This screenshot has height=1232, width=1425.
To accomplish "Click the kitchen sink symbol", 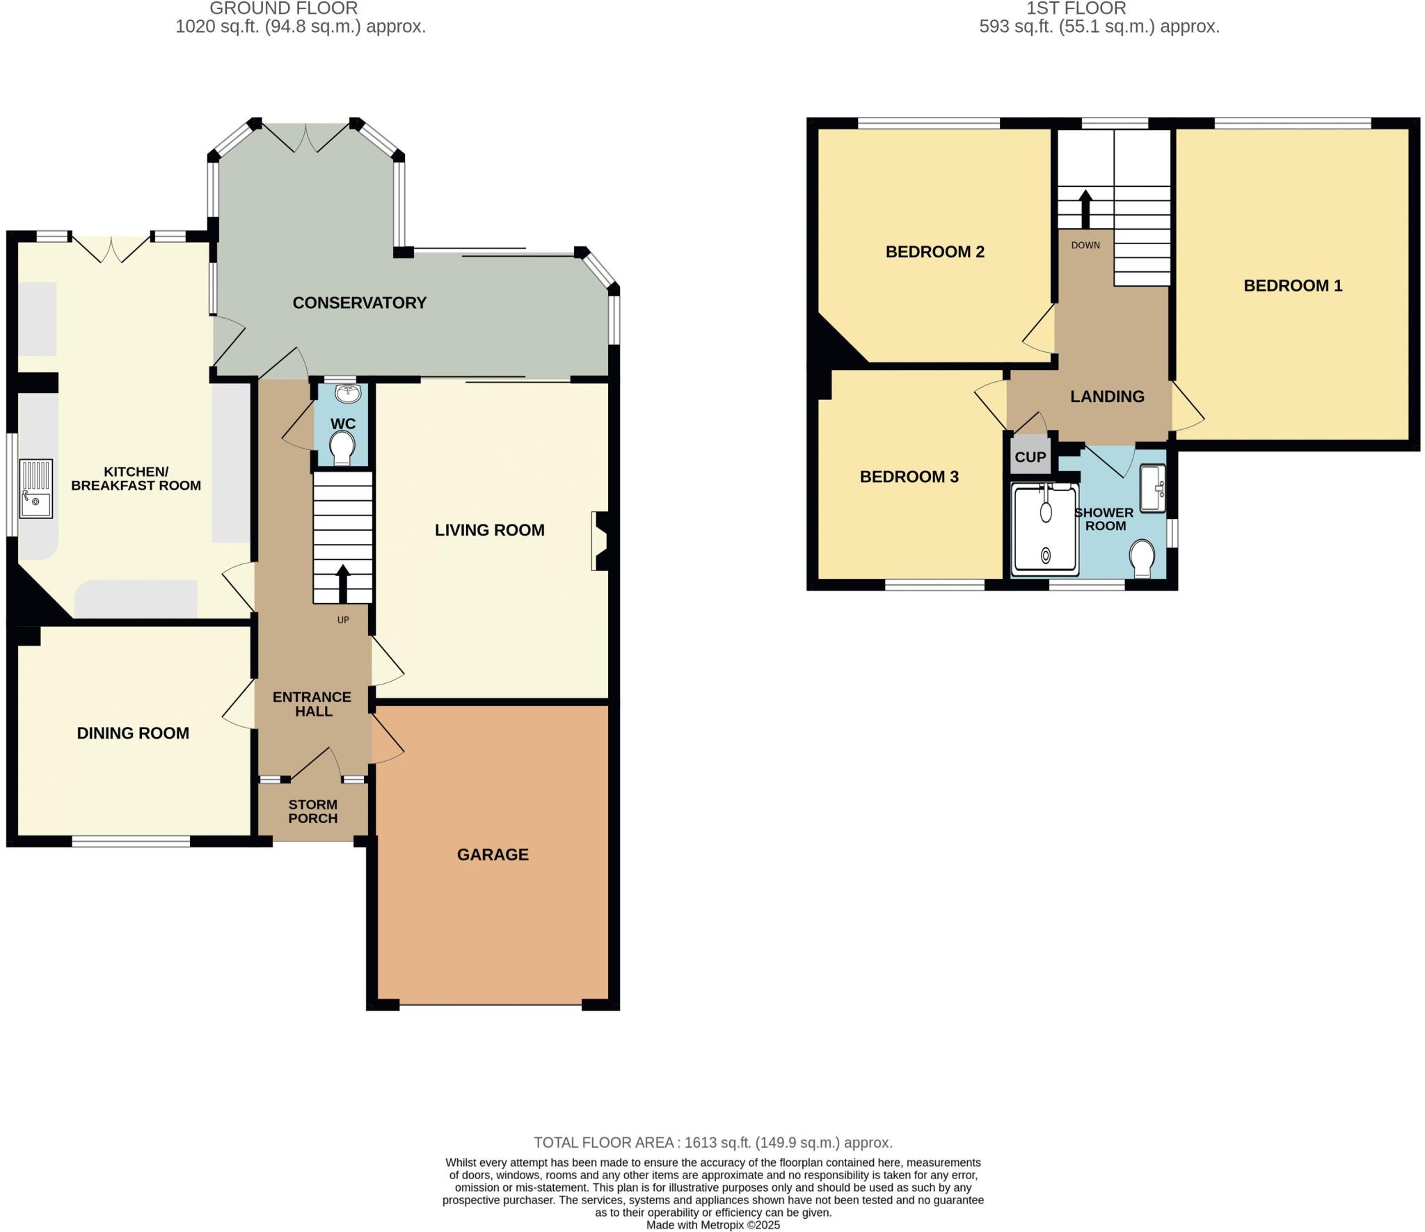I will click(x=35, y=488).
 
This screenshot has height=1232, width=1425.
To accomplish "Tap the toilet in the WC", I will click(x=342, y=447).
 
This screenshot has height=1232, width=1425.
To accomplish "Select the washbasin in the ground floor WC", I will click(x=348, y=394).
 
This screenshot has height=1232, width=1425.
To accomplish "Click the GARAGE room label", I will click(x=493, y=854).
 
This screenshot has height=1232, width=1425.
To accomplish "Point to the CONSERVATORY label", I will click(x=359, y=303).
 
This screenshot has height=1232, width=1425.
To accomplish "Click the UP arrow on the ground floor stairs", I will click(x=343, y=583).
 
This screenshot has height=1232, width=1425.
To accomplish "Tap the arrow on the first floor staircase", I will click(x=1085, y=208).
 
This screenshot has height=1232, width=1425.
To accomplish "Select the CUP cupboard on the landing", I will click(x=1030, y=457).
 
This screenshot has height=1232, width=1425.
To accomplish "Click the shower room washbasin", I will click(x=1152, y=488).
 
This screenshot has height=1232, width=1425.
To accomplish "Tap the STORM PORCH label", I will click(x=313, y=811).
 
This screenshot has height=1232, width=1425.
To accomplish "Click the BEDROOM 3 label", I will click(x=909, y=477).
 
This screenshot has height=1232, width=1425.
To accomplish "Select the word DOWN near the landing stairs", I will click(x=1085, y=245).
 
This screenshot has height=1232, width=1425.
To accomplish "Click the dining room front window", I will click(x=131, y=842).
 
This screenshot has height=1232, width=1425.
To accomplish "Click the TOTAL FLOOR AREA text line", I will click(x=712, y=1142).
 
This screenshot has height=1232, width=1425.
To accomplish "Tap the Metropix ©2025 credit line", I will click(x=712, y=1225).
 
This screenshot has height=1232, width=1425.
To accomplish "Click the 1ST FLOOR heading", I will click(x=1076, y=8).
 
